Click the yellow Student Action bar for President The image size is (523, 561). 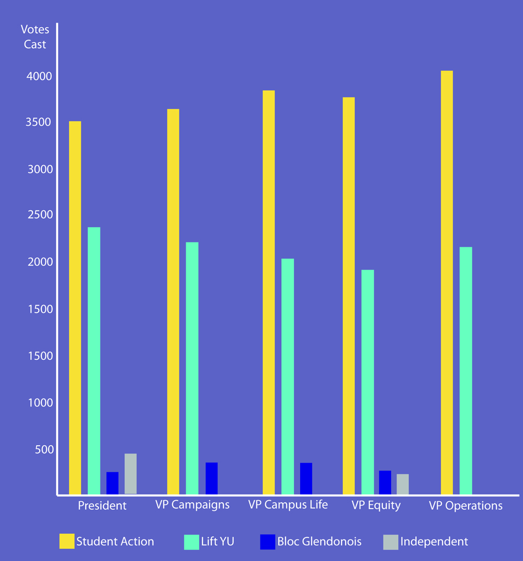point(75,307)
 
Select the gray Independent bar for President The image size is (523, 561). point(130,474)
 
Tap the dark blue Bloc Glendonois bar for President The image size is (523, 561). point(112,483)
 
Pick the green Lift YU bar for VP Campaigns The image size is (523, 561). point(192,368)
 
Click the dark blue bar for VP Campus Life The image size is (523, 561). point(306,479)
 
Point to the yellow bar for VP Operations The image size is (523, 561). point(447,282)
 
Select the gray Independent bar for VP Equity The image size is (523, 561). point(403,484)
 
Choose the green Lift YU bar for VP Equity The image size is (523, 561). point(368,382)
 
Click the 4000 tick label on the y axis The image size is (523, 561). point(39,76)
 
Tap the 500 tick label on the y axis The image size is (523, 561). point(44,449)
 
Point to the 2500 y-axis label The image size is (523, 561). point(40,215)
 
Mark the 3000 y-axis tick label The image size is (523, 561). point(40,169)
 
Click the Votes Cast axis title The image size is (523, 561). point(35,37)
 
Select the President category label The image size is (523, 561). point(102,505)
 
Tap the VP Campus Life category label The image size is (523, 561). point(288,505)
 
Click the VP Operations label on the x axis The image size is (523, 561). point(465,506)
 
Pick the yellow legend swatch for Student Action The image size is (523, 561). point(67,541)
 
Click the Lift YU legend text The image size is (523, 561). point(218,541)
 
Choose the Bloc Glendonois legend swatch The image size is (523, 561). point(268,542)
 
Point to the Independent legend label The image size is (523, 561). point(434,542)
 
